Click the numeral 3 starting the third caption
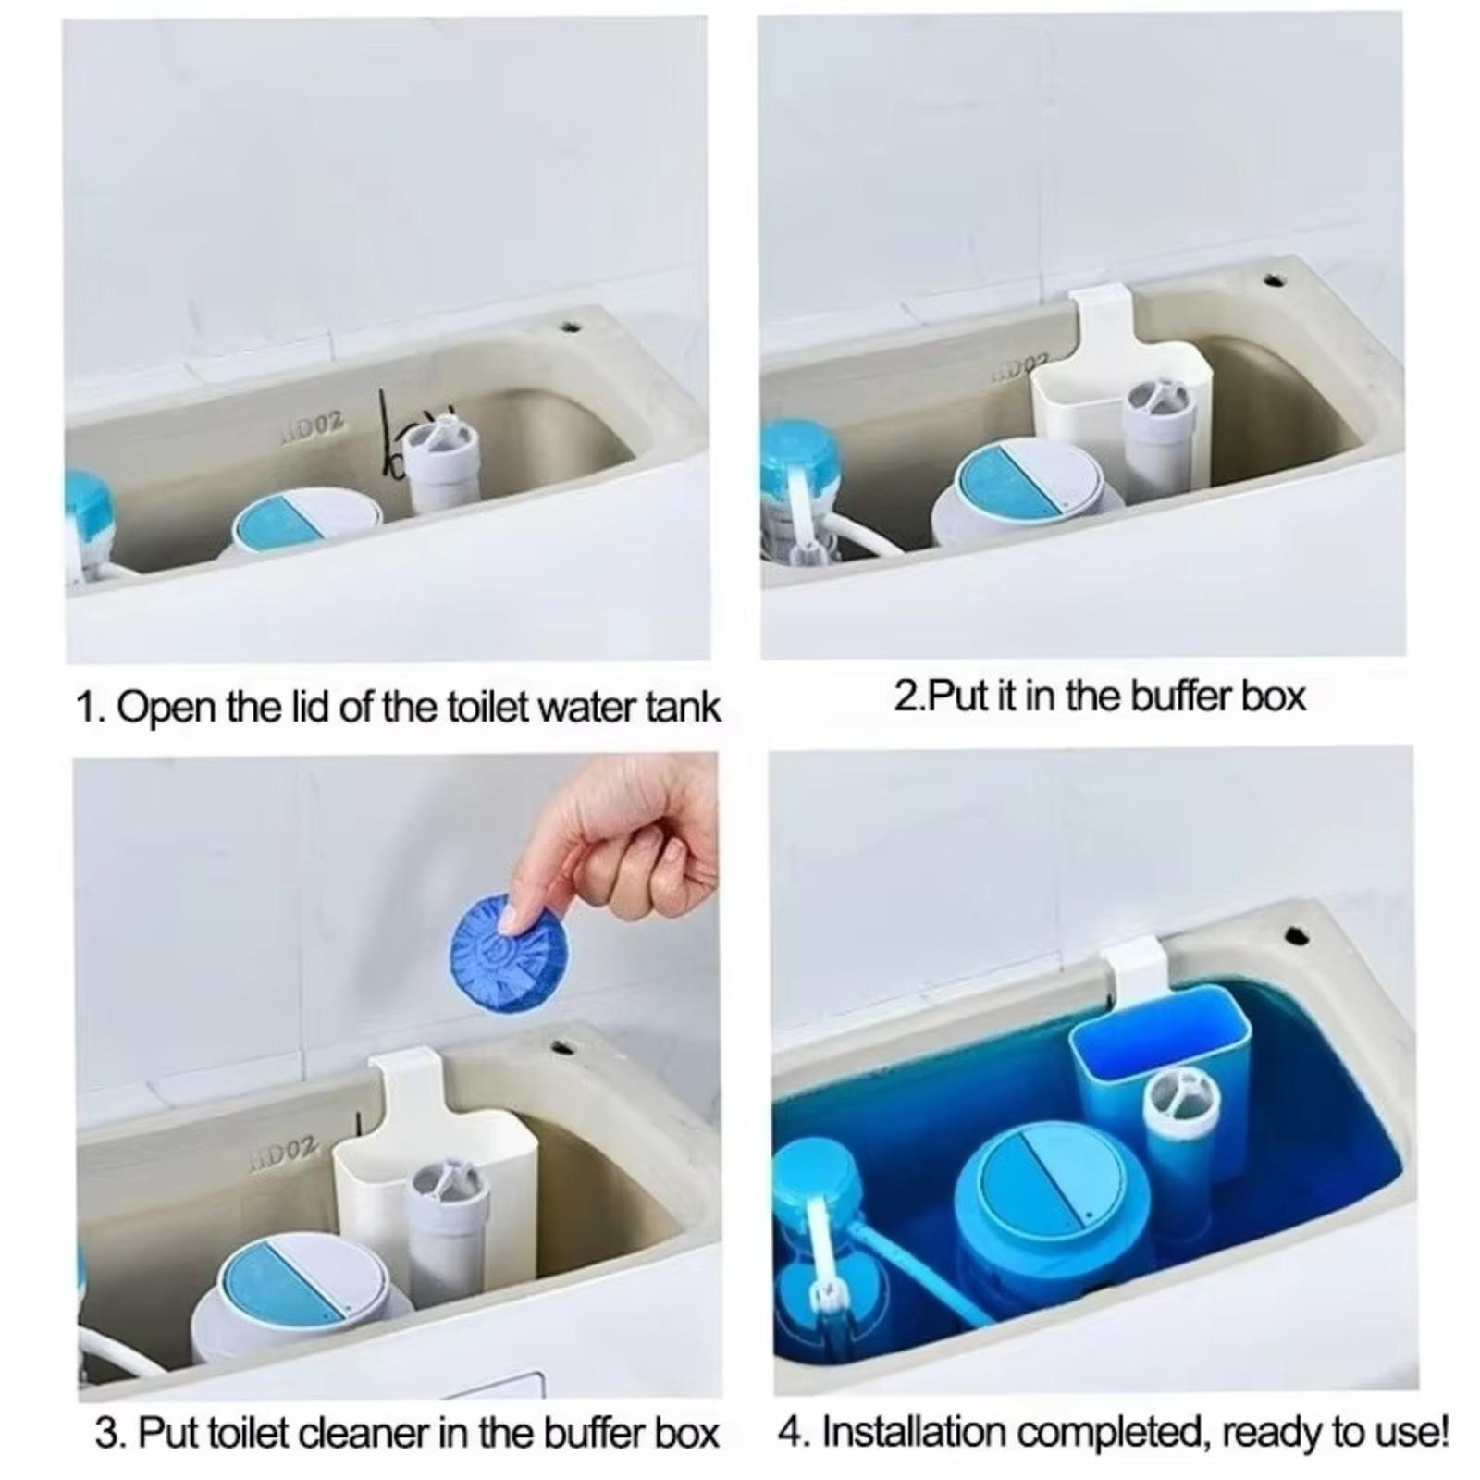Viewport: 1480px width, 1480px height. tap(107, 1434)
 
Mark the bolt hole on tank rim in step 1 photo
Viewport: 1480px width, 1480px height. tap(571, 327)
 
